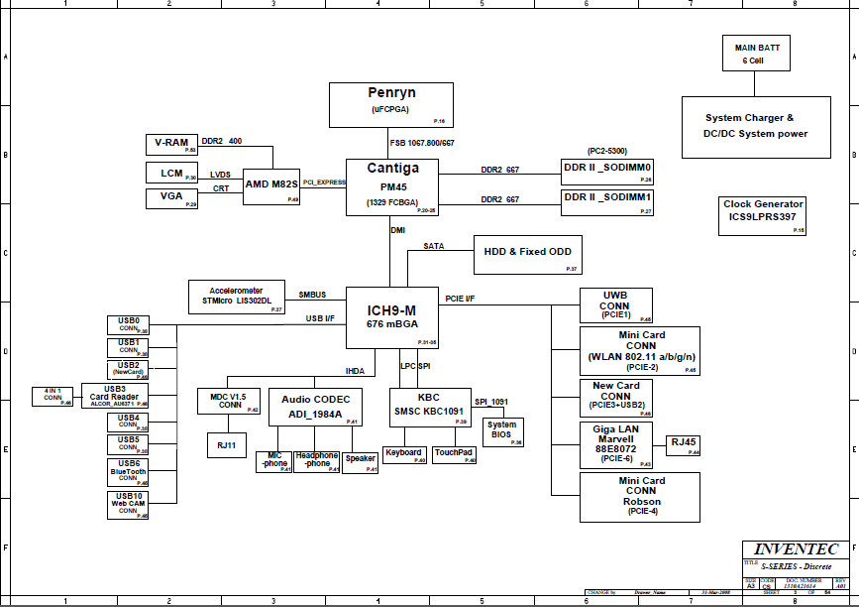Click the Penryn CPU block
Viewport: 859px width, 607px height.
click(x=391, y=105)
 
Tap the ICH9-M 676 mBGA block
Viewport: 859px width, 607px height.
click(x=391, y=317)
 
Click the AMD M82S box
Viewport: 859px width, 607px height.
click(x=271, y=186)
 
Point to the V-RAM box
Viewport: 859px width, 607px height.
click(x=172, y=143)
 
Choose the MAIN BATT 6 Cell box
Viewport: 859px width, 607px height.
click(x=756, y=54)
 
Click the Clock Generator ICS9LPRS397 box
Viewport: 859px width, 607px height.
click(x=764, y=216)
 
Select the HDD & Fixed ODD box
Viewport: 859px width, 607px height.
click(x=527, y=255)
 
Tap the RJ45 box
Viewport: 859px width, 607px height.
click(x=684, y=444)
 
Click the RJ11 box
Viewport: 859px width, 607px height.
click(x=225, y=445)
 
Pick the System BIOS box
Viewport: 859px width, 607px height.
click(x=502, y=429)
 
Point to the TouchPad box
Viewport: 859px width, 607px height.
click(x=455, y=453)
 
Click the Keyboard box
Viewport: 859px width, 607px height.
click(x=404, y=453)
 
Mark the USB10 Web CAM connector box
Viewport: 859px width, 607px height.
click(x=129, y=505)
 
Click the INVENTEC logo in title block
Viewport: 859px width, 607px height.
click(x=796, y=549)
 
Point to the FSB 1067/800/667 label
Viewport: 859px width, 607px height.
click(x=422, y=143)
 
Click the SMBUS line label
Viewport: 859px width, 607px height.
click(x=312, y=295)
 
